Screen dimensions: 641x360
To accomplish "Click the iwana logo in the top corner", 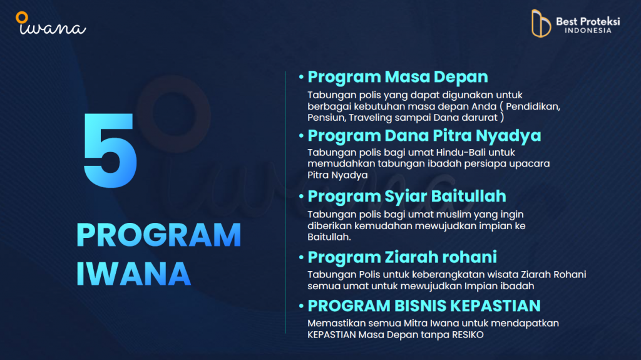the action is [51, 23].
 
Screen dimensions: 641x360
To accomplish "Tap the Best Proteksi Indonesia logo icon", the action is [541, 23].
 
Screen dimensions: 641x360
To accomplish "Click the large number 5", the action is [110, 150].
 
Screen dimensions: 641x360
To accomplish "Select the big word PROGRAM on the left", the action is [158, 235].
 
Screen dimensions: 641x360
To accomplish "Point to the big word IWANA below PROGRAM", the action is [133, 274].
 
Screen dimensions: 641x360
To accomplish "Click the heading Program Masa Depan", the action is [397, 77].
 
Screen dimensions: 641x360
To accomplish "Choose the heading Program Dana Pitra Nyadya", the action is [424, 135].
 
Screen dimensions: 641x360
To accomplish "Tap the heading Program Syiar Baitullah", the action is [407, 197].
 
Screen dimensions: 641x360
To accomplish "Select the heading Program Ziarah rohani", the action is [403, 257].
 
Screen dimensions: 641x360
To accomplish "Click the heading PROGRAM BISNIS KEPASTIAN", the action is [424, 306].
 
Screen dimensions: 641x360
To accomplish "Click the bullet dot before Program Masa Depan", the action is [301, 77].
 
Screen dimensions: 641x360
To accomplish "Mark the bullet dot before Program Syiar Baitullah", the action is [301, 197].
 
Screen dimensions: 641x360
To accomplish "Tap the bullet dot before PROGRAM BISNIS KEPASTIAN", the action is [301, 306].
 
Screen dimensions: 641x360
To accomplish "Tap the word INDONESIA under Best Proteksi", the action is [588, 31].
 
